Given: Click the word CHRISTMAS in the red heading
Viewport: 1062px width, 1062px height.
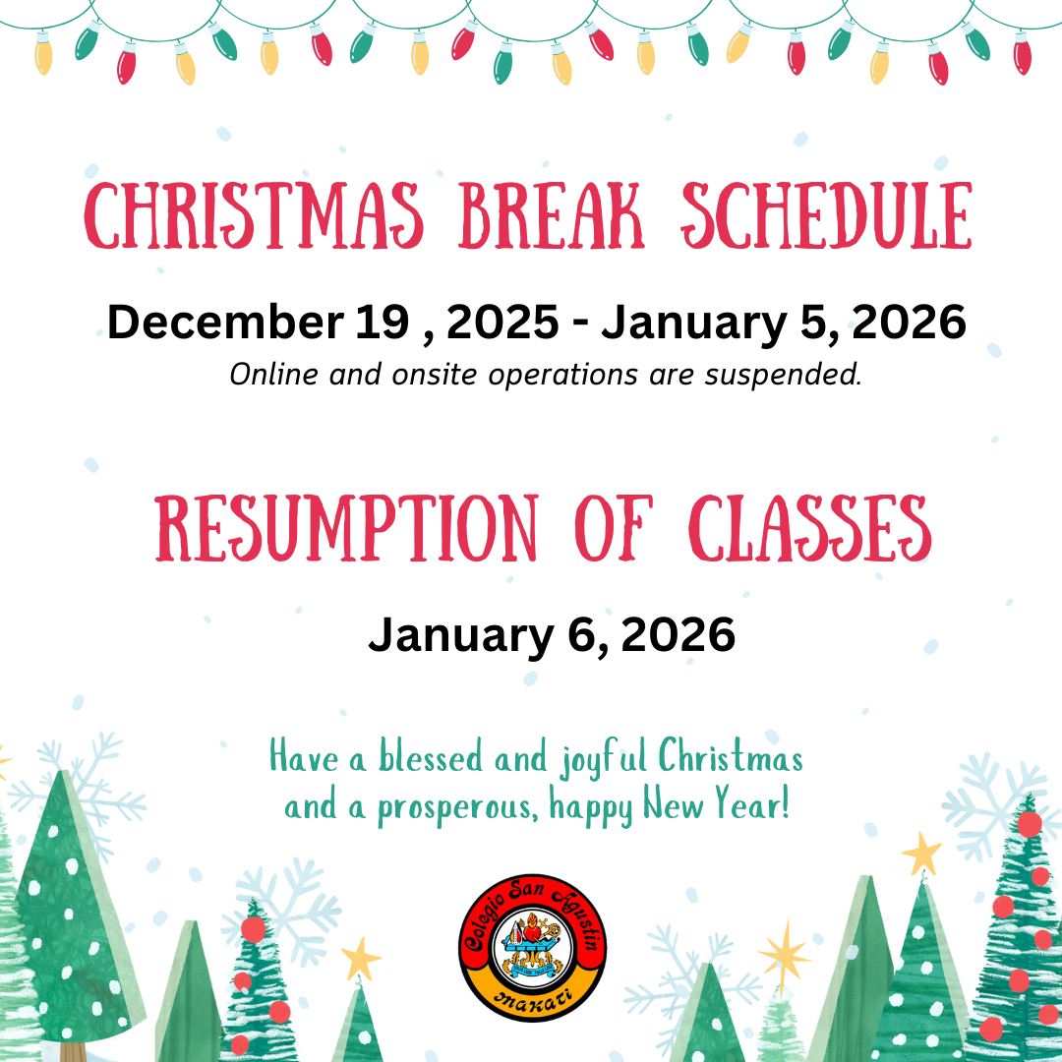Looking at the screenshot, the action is [254, 215].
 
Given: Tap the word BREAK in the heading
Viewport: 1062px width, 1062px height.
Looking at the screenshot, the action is [552, 215].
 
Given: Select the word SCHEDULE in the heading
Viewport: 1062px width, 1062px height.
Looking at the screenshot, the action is [827, 215].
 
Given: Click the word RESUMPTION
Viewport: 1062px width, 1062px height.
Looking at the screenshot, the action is [347, 528].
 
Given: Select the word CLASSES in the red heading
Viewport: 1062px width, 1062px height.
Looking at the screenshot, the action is [810, 528].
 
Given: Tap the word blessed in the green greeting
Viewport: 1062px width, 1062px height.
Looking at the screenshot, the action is [430, 756].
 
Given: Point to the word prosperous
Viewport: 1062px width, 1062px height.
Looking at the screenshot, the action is [458, 808].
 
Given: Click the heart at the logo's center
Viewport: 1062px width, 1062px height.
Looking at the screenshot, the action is [532, 932].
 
